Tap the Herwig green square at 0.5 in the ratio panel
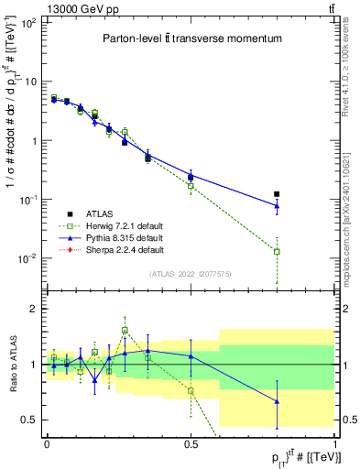[191, 390]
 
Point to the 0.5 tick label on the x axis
[191, 444]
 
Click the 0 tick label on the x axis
[47, 444]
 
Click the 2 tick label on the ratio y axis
[37, 309]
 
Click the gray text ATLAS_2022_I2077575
[191, 274]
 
